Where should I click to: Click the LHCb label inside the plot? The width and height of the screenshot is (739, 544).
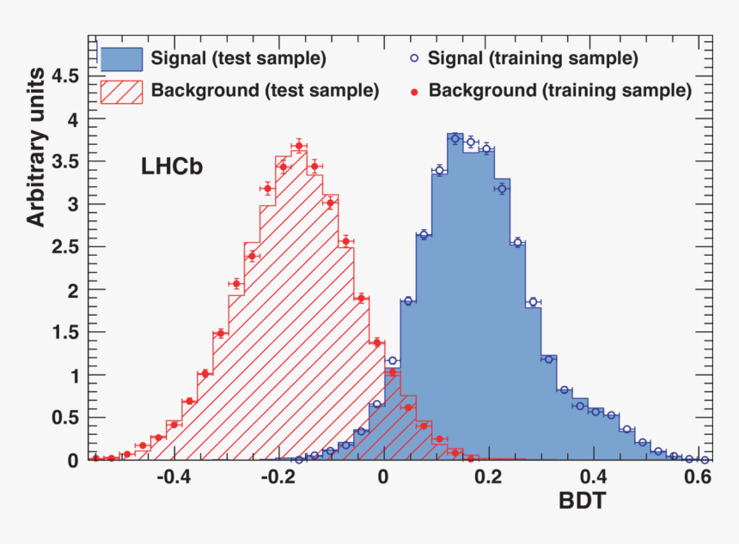(171, 168)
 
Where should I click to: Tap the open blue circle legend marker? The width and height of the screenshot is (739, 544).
(414, 59)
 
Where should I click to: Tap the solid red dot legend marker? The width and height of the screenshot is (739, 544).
(414, 90)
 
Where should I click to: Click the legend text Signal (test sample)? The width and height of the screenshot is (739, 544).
(238, 59)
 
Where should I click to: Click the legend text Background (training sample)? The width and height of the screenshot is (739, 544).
(559, 90)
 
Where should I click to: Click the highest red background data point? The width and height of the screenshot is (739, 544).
(298, 145)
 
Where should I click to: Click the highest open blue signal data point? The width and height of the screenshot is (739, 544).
(455, 138)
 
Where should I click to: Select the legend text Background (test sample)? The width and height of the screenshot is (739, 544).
(265, 90)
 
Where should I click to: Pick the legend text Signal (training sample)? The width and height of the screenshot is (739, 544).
(533, 59)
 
